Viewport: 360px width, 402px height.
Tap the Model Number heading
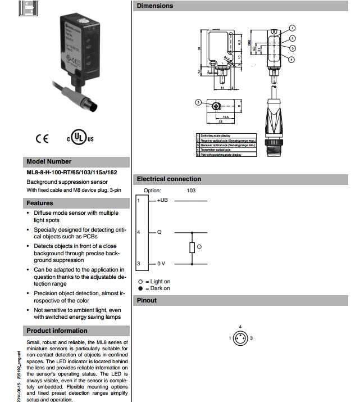[49, 161]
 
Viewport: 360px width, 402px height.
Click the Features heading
[40, 203]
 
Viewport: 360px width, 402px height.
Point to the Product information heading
[57, 331]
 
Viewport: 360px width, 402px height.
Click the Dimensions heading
[155, 6]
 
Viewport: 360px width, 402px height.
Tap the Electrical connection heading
[168, 179]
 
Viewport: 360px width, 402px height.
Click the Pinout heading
[147, 300]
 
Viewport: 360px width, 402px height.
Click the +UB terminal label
[162, 200]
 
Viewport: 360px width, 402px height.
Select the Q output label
[159, 232]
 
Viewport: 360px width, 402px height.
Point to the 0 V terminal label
[161, 263]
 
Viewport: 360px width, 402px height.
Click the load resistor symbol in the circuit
[192, 247]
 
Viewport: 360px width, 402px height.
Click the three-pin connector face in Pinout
[240, 337]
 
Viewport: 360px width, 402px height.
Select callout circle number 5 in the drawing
[198, 102]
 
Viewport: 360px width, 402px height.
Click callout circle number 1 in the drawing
[292, 28]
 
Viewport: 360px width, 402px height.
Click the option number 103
[192, 190]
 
